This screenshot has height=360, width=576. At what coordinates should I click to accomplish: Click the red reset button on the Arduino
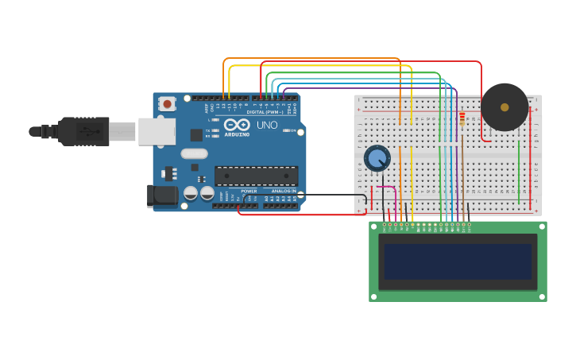click(x=167, y=104)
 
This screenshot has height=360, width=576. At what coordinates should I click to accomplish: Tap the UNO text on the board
click(x=267, y=125)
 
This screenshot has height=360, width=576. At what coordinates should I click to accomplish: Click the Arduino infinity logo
click(x=237, y=125)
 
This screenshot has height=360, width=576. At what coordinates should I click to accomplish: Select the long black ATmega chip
click(x=256, y=176)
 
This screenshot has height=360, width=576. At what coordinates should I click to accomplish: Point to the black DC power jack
click(x=163, y=196)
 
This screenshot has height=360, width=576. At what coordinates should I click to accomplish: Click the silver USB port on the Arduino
click(x=157, y=131)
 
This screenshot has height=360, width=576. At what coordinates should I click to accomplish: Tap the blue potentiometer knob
click(x=377, y=158)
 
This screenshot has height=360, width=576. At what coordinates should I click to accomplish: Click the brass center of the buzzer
click(x=504, y=107)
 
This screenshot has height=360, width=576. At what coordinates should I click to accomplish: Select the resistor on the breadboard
click(x=462, y=118)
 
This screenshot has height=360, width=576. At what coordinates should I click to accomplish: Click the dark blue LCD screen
click(x=458, y=261)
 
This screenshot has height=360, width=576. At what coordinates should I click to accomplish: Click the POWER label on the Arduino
click(x=249, y=192)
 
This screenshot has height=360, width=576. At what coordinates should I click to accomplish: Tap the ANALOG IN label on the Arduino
click(x=284, y=192)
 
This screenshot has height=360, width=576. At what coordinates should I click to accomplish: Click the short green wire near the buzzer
click(x=519, y=171)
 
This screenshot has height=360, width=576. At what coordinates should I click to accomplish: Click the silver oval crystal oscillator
click(x=194, y=153)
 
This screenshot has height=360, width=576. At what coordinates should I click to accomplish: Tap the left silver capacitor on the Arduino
click(x=191, y=193)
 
